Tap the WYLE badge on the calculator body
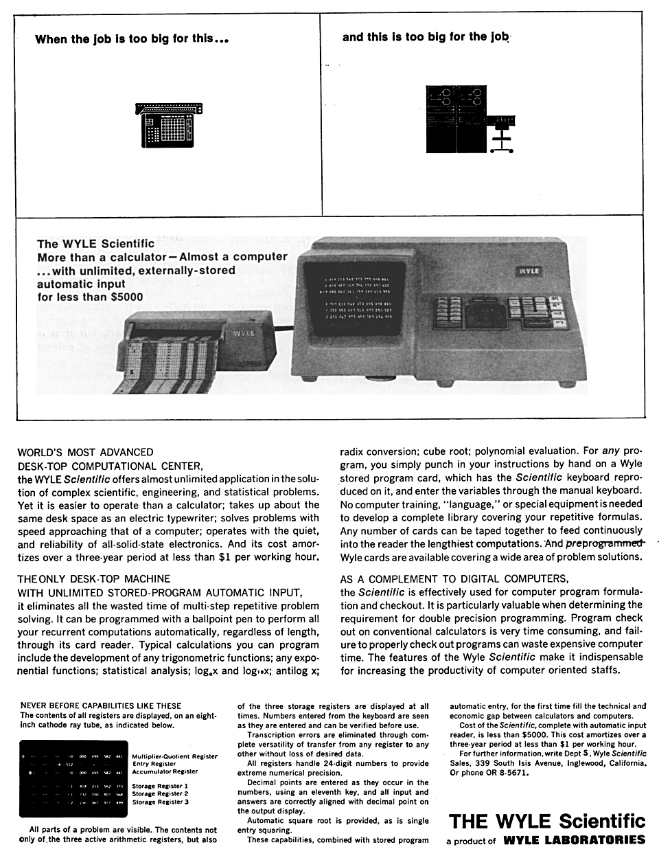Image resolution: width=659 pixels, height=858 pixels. click(x=529, y=271)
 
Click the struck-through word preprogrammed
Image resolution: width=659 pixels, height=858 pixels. click(x=605, y=543)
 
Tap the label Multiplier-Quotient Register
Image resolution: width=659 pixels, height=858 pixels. click(x=174, y=756)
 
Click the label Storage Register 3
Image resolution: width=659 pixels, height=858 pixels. click(x=160, y=802)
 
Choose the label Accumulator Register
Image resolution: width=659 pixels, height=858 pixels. click(x=165, y=771)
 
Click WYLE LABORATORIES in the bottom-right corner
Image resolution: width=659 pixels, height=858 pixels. click(x=574, y=839)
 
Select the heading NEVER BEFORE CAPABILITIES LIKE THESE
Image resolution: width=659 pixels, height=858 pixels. click(x=101, y=705)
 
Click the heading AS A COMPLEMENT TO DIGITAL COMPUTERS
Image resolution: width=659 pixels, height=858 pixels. click(x=454, y=578)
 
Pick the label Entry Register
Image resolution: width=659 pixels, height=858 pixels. click(x=154, y=764)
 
